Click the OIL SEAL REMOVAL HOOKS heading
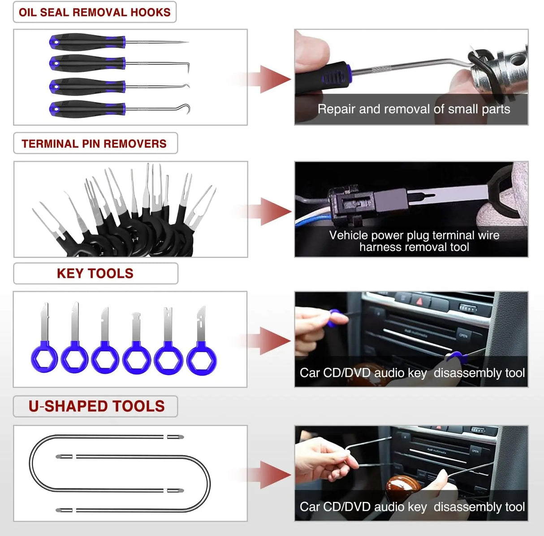coord(95,12)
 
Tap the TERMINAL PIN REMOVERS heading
coord(94,144)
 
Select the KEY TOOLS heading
coord(95,273)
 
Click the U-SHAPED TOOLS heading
coord(96,406)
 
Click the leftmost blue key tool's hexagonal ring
coord(44,358)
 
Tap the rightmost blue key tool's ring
coord(202,358)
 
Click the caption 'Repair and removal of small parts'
coord(414,109)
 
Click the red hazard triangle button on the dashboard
coord(419,301)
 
